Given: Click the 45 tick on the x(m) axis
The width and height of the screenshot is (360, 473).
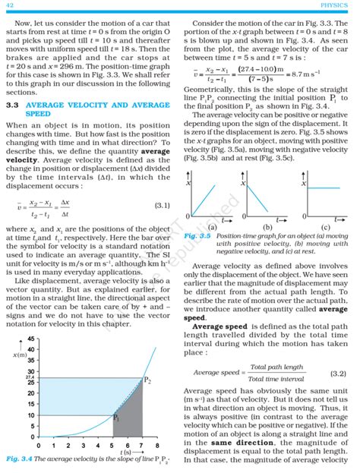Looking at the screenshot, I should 30,339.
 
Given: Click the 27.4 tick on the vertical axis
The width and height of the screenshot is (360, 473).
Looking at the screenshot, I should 30,377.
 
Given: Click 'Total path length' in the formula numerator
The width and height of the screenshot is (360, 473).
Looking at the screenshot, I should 277,367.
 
